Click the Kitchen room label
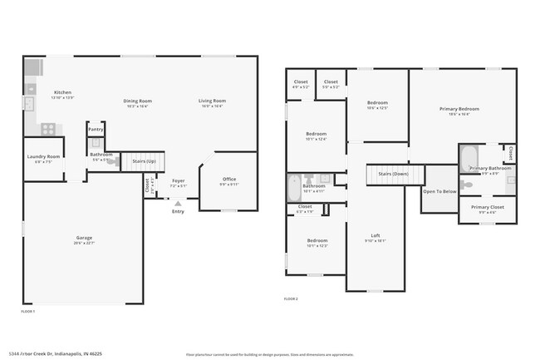click(x=63, y=92)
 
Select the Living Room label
click(x=212, y=101)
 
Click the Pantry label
click(x=96, y=130)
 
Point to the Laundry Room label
click(x=43, y=156)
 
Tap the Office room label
click(x=229, y=179)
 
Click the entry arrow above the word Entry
click(x=178, y=203)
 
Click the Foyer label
click(x=178, y=180)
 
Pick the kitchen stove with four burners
click(x=48, y=128)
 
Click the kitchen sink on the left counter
click(x=27, y=104)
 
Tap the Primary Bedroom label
click(x=459, y=109)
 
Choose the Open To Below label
click(x=439, y=191)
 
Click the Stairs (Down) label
click(x=393, y=174)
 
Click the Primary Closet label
click(x=487, y=207)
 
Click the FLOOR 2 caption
click(x=291, y=298)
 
